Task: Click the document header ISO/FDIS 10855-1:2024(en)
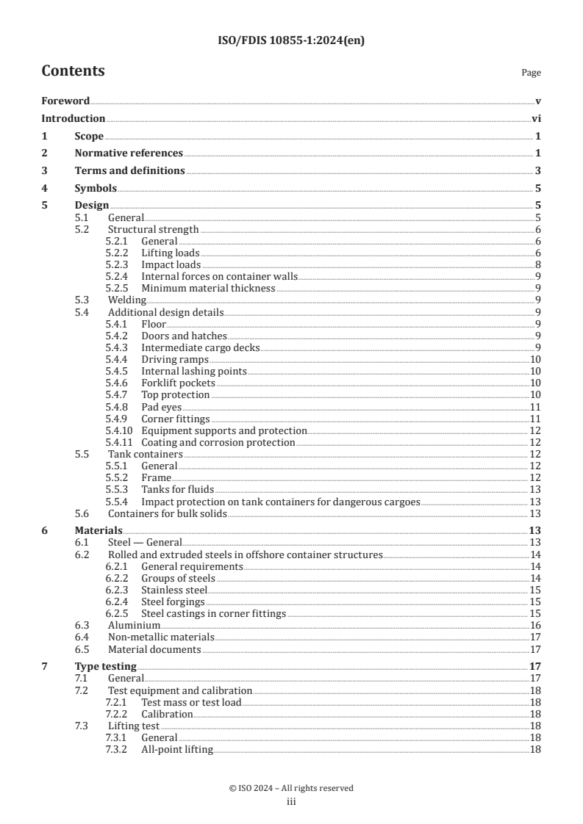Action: [291, 41]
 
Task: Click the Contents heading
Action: [73, 71]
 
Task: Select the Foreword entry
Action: [65, 101]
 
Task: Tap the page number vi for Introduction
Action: [536, 119]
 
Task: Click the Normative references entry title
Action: [129, 153]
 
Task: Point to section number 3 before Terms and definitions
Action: [44, 171]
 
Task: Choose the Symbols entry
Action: [96, 189]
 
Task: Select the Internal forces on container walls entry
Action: [219, 277]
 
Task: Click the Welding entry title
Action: [126, 300]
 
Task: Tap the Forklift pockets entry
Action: [178, 383]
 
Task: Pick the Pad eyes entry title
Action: [161, 407]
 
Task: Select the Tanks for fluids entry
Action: [177, 490]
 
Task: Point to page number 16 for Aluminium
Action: [535, 626]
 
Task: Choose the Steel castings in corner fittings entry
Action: [213, 614]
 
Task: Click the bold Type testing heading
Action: [105, 667]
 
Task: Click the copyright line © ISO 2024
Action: [291, 789]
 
